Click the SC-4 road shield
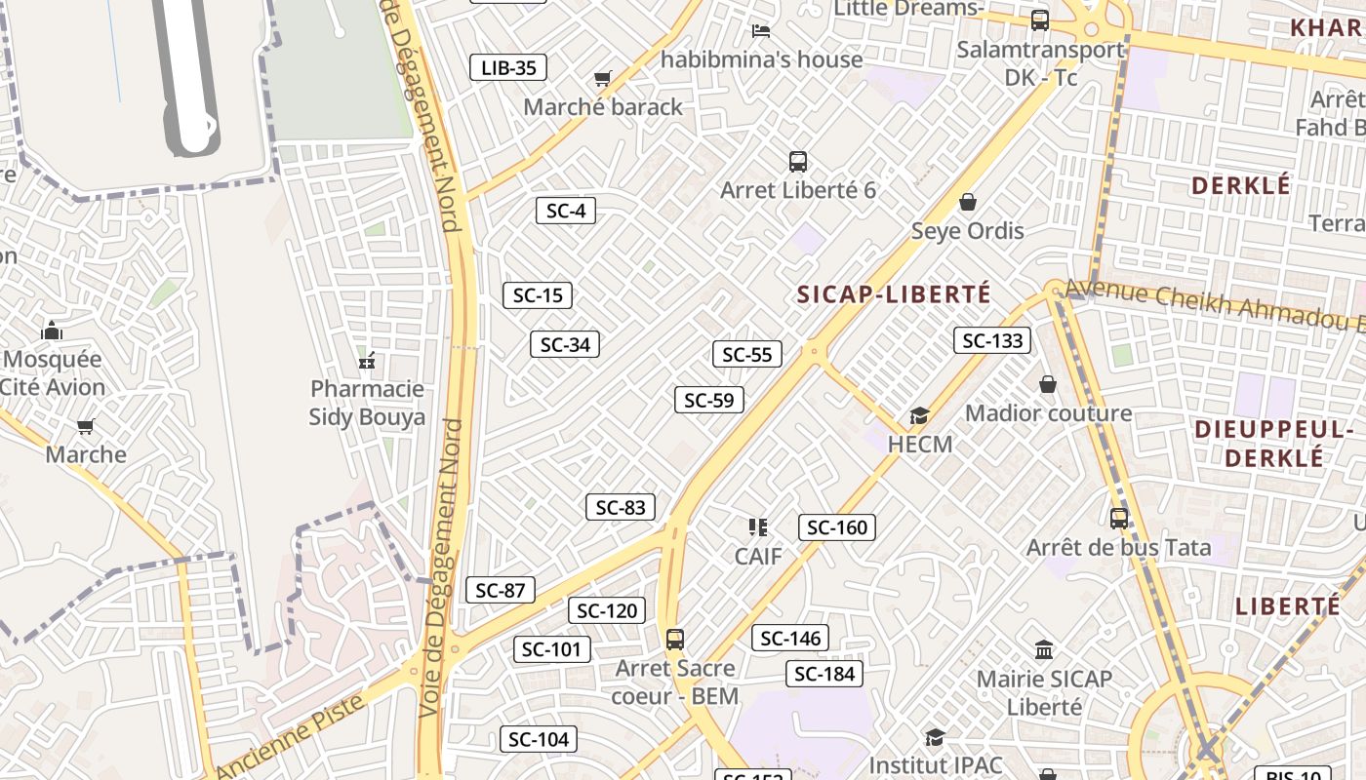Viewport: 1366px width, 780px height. coord(566,211)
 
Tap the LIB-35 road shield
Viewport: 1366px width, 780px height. coord(508,67)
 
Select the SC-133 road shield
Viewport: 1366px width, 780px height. coord(992,340)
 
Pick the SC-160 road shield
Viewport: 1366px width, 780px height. coord(837,527)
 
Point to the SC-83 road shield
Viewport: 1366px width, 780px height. coord(621,507)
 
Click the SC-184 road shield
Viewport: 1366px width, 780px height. coord(824,674)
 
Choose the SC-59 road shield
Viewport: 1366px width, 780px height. coord(709,400)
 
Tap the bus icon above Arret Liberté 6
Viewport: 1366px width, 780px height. coord(798,162)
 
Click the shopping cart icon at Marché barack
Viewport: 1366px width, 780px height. coord(603,78)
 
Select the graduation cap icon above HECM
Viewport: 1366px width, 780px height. coord(919,416)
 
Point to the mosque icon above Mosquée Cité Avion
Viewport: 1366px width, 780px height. coord(53,331)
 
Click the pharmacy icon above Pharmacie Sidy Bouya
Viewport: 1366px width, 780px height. coord(367,362)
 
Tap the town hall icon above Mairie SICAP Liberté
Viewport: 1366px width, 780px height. coord(1044,649)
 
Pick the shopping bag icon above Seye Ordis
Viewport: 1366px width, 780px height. coord(968,202)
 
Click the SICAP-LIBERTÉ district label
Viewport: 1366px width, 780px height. coord(894,294)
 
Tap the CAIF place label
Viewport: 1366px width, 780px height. coord(758,557)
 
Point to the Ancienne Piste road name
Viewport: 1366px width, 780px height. coord(290,736)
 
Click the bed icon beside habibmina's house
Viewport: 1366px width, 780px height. coord(761,31)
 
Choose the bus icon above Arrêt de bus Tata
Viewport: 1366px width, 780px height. coord(1119,519)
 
